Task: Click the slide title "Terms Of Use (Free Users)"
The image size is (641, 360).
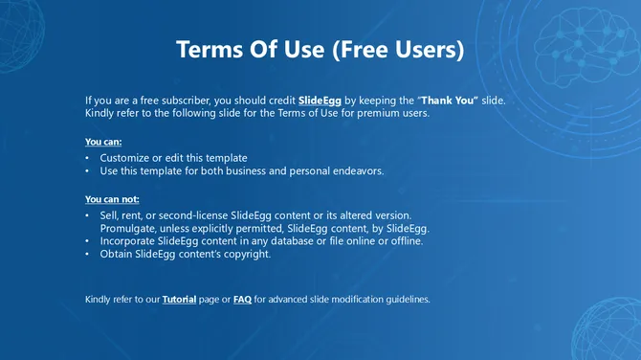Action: click(x=320, y=50)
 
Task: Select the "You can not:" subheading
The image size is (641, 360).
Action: click(x=111, y=199)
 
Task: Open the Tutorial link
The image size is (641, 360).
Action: click(x=179, y=300)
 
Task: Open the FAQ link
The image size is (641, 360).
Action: click(x=242, y=300)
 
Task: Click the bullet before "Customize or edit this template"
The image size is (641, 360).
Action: click(x=88, y=157)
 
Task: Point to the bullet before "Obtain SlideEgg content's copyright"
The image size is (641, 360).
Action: click(x=88, y=255)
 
